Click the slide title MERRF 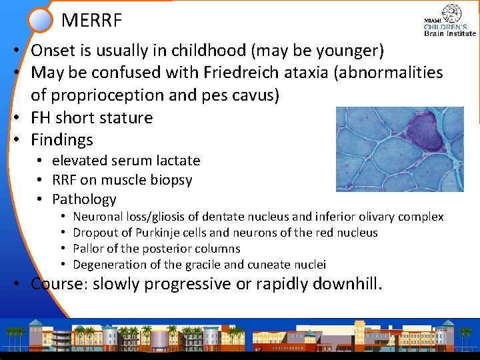pos(91,21)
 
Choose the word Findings pos(62,140)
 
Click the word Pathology pos(84,199)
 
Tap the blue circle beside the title pos(41,19)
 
